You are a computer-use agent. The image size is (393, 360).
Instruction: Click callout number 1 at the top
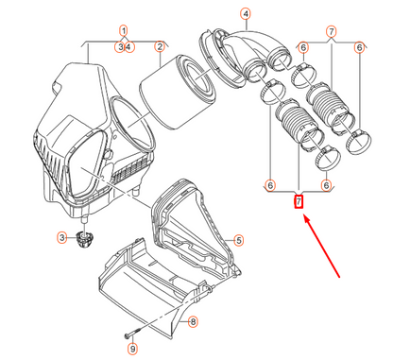click(124, 31)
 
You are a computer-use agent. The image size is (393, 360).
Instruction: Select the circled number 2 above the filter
click(160, 47)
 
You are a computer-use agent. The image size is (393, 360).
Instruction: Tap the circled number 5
click(239, 241)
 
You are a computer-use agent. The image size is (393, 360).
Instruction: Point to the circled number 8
click(193, 322)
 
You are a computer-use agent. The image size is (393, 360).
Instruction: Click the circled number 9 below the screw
click(132, 349)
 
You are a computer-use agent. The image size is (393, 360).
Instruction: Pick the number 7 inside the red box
click(299, 201)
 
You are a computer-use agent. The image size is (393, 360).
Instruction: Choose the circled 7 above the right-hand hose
click(332, 31)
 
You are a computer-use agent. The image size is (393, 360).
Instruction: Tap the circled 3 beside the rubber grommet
click(62, 237)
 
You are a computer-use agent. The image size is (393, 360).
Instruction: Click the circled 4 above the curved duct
click(246, 14)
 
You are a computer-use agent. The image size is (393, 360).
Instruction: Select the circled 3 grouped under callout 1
click(120, 47)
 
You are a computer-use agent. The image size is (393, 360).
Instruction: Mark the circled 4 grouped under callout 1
click(129, 47)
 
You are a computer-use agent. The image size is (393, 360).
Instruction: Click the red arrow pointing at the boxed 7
click(321, 246)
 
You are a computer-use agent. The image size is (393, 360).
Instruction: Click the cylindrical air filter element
click(178, 92)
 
